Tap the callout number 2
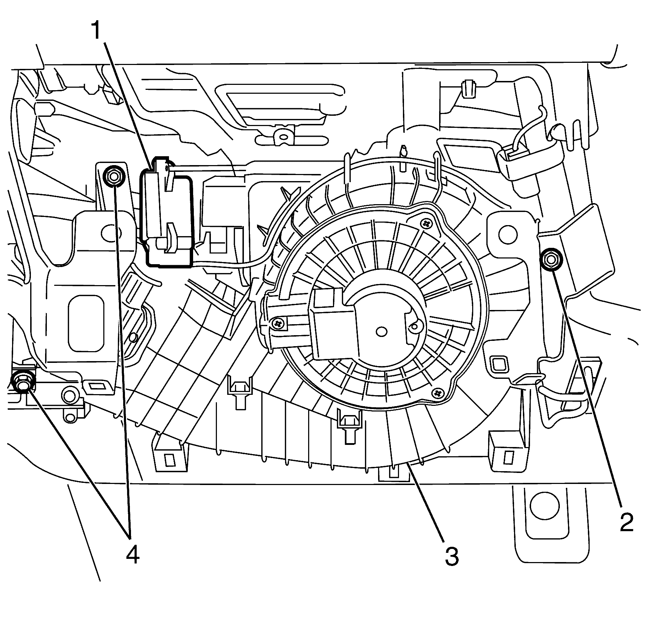coord(627,522)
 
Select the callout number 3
coord(452,557)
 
